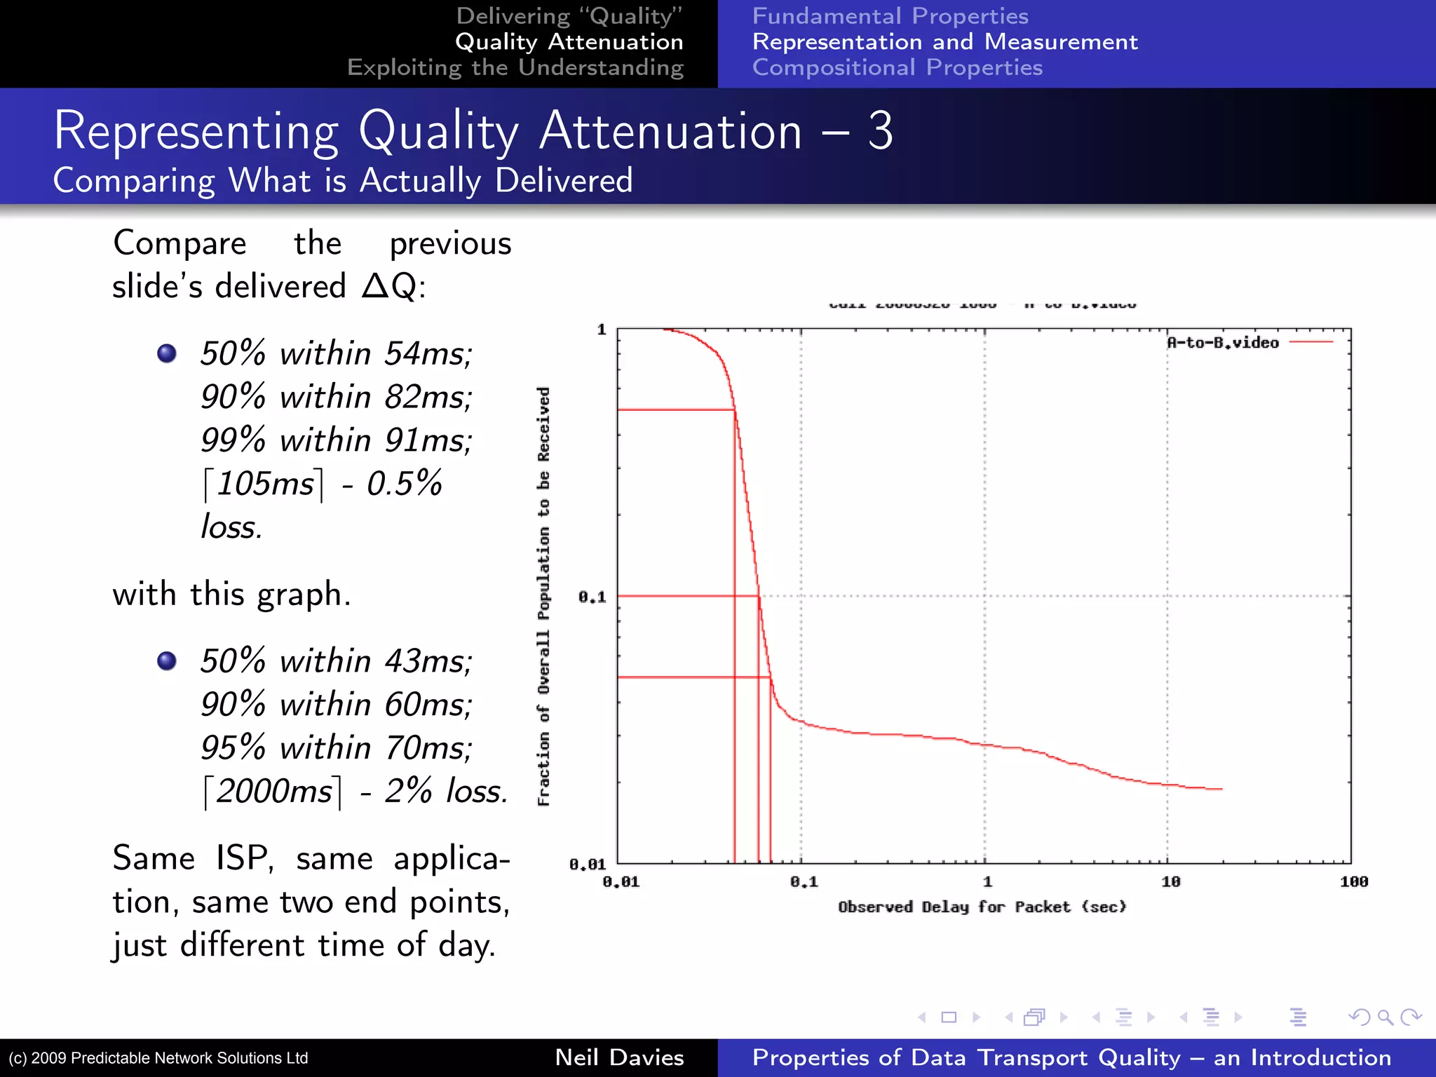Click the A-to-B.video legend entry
pos(1223,343)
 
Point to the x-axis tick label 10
pos(1170,882)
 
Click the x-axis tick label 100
pos(1353,882)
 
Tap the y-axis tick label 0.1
pos(592,597)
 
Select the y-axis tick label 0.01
pos(587,865)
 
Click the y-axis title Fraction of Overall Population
pos(544,596)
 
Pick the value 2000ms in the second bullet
pos(273,792)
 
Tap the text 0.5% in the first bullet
pos(405,484)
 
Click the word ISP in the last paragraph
pos(243,859)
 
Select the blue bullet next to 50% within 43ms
pos(167,661)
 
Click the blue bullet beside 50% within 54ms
pos(167,353)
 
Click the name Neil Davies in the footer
pos(619,1057)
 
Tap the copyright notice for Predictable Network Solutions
pos(158,1058)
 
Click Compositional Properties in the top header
pos(897,67)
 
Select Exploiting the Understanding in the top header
pos(515,67)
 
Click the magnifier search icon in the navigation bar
pos(1385,1017)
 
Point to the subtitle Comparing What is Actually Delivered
pos(343,181)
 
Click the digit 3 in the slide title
pos(880,131)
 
